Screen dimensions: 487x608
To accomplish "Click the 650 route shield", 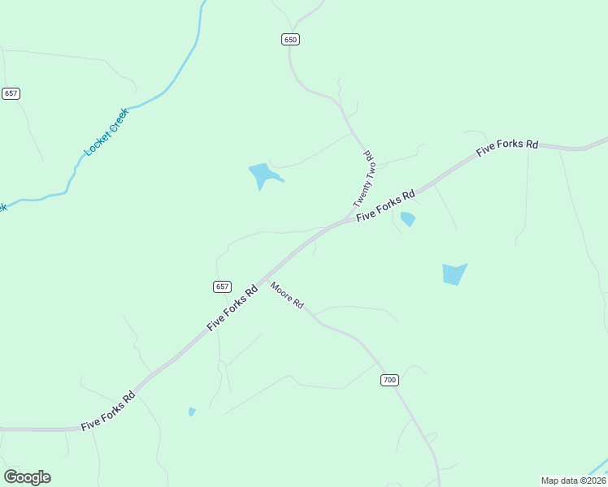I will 291,39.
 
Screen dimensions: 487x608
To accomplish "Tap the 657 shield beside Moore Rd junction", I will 223,287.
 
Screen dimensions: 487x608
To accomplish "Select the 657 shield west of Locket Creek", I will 11,93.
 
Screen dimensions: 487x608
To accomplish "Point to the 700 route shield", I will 390,380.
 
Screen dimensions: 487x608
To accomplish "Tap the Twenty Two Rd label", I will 363,179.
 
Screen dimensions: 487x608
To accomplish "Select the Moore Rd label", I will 287,295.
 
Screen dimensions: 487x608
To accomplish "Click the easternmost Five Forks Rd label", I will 507,148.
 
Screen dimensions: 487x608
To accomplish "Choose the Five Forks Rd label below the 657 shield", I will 232,306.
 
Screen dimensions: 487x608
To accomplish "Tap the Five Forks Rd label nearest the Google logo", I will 108,412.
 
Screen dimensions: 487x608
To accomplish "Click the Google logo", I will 27,477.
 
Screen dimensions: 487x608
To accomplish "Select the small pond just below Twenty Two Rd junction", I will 408,218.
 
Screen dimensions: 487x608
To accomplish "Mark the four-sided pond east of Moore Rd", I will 454,274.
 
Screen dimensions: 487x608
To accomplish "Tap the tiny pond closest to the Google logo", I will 192,412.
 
